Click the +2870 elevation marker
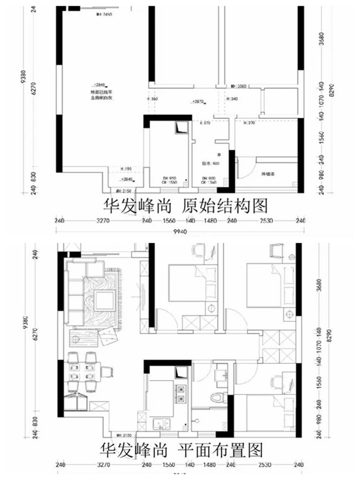[x=197, y=102]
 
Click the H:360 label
[x=153, y=99]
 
